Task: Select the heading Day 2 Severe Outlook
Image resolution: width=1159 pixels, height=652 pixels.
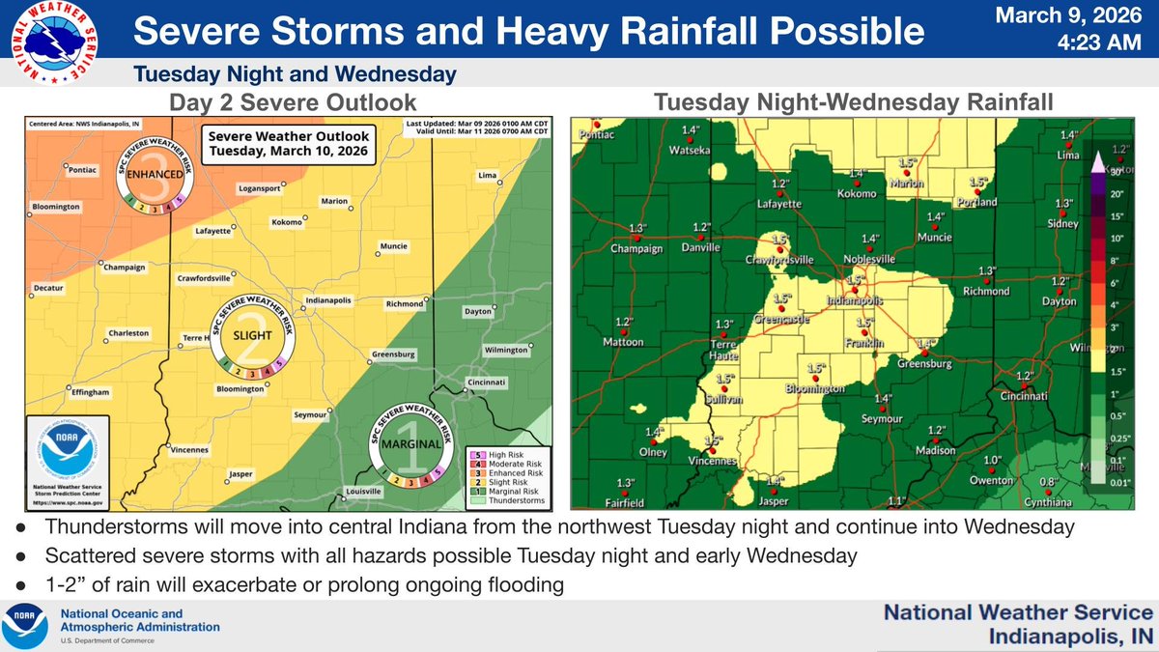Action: [279, 101]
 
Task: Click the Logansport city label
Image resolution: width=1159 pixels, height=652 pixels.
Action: [260, 188]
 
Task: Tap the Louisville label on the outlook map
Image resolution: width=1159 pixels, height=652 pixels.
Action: [363, 492]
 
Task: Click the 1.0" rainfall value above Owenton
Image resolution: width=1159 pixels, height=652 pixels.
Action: [992, 461]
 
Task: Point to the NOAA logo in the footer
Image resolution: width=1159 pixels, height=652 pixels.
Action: [26, 626]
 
